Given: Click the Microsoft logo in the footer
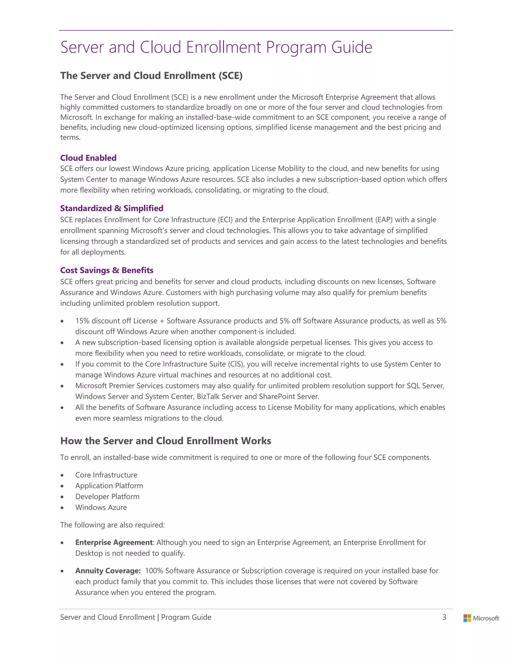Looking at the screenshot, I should pos(481,618).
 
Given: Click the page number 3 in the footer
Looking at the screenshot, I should pos(444,617).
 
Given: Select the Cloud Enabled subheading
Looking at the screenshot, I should pos(88,158).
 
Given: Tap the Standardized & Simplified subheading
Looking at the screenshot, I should pos(111,208).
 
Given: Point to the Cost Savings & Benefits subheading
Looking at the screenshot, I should pos(107,270).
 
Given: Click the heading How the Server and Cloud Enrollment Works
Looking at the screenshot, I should pos(165,441).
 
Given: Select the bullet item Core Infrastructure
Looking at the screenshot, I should pos(106,475).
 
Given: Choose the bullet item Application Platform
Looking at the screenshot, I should pos(109,486).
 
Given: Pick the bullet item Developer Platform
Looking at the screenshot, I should pos(107,497).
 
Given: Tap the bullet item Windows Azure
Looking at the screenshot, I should pos(101,507).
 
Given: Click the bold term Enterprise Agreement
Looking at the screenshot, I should pos(114,542).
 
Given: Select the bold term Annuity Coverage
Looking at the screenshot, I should pos(108,571).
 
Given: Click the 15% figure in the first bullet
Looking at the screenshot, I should pos(82,321).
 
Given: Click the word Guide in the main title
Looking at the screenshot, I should pos(351,47).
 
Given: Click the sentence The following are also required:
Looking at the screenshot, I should pos(112,525).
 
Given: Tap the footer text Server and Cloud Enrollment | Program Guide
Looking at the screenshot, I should pos(135,617).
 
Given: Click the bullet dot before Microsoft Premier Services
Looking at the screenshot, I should pos(62,386).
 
